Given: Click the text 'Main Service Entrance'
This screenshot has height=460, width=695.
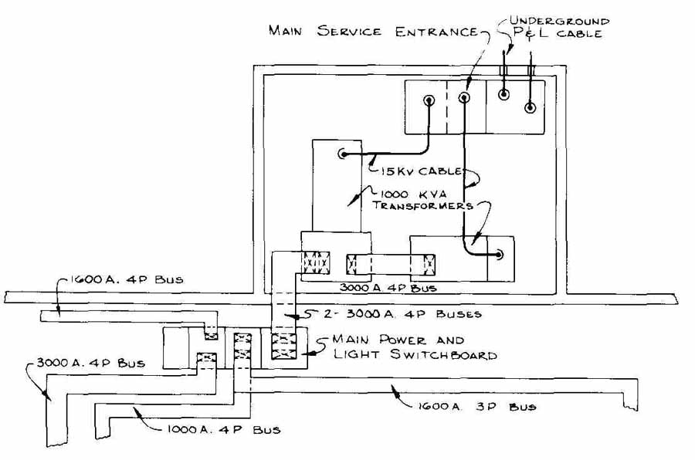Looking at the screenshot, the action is (373, 31).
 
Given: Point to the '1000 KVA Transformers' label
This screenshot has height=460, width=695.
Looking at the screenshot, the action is (422, 200).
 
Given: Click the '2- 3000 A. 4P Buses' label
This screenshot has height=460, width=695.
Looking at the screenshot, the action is (402, 314).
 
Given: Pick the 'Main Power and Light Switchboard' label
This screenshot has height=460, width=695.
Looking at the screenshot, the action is (415, 347).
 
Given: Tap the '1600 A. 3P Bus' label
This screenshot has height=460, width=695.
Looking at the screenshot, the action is (476, 407).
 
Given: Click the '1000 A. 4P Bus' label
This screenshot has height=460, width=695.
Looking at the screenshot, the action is (223, 429).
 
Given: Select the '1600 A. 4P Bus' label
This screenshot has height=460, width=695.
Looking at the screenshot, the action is (127, 279).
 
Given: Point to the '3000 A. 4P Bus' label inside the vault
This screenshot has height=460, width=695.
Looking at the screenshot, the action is (388, 288).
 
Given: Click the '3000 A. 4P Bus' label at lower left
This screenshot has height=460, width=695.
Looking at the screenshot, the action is (91, 363).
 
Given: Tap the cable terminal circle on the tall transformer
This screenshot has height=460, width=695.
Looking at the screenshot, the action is (343, 154).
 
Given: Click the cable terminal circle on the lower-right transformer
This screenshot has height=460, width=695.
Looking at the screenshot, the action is (500, 255).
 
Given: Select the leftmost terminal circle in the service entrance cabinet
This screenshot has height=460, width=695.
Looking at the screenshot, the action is (429, 100).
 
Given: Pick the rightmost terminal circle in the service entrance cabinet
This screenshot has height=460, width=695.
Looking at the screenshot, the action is (530, 107).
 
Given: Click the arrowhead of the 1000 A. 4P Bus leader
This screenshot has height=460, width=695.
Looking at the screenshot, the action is (137, 411).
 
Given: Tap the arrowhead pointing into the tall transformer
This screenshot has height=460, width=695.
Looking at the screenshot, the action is (351, 202).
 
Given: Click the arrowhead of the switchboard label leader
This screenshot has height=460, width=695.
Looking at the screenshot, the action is (306, 353).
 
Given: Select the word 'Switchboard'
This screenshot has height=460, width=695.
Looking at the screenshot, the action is (443, 354).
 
